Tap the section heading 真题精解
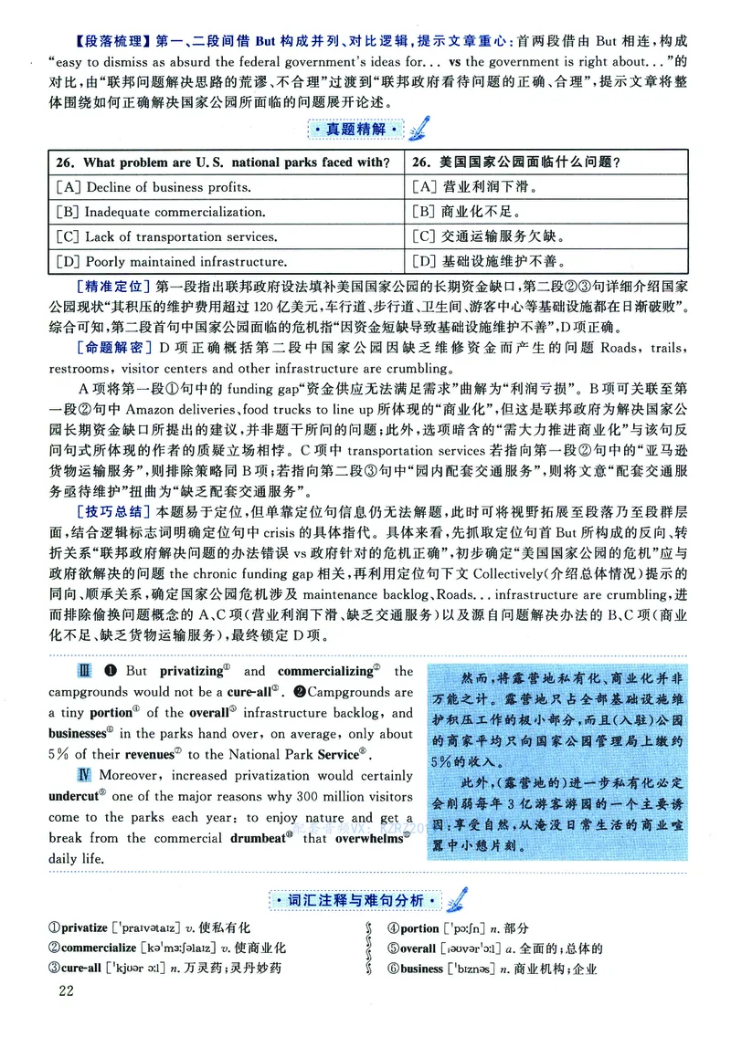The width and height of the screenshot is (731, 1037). (351, 131)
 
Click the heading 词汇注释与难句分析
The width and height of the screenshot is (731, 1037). (351, 900)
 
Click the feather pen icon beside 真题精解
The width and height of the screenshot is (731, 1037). (419, 130)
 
